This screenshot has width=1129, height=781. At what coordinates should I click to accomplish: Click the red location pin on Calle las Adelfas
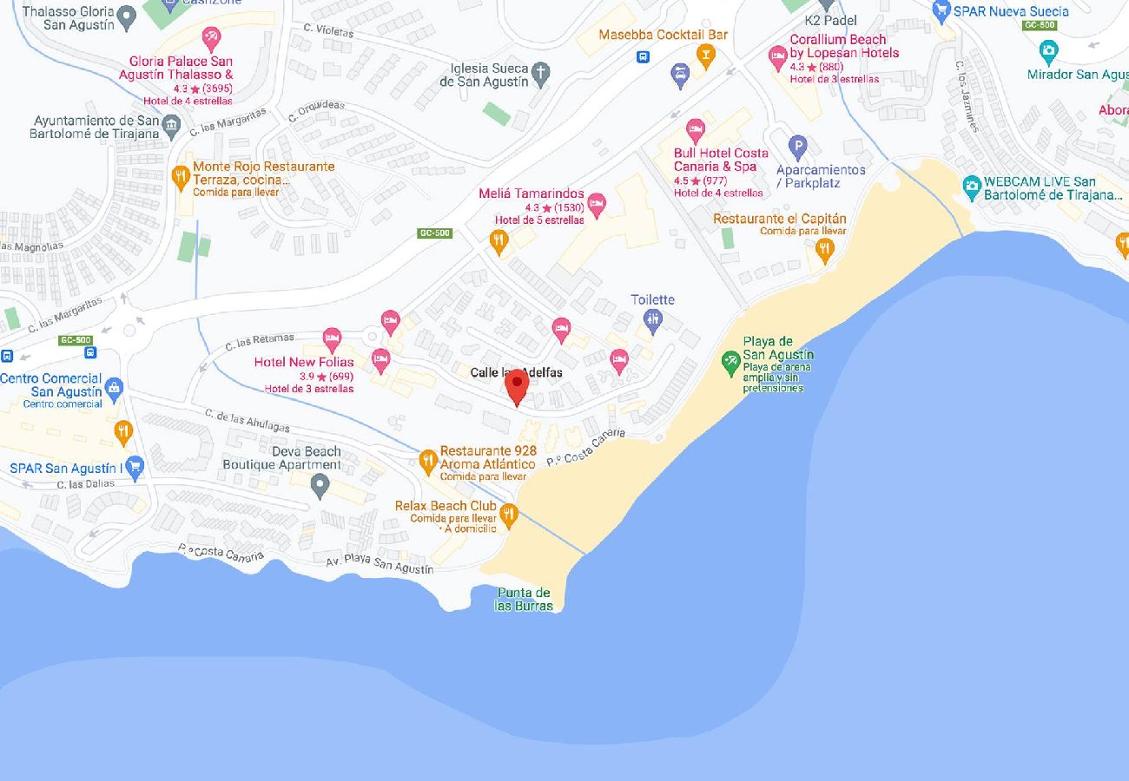point(517,384)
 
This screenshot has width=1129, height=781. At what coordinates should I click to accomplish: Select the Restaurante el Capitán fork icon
point(824,249)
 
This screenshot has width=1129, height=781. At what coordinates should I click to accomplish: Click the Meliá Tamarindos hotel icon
point(596,205)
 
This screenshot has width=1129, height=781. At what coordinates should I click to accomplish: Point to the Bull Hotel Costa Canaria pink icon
point(695,130)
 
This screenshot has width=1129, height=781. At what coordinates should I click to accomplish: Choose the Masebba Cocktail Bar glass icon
point(705,56)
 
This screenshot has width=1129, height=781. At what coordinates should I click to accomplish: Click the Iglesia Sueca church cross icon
point(540,72)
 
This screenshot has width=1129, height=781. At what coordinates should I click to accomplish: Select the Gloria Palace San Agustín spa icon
point(211,38)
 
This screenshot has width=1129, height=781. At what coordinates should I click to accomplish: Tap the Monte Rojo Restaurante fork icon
point(181,177)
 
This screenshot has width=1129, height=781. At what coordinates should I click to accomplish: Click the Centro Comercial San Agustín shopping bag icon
point(114,387)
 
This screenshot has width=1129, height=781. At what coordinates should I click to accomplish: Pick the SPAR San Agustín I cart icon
point(134,468)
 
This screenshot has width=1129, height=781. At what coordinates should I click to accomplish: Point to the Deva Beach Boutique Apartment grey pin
point(320,485)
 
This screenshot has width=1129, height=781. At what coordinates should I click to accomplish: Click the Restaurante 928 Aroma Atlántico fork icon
point(427,461)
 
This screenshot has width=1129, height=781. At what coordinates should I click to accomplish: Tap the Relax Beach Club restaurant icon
point(509,515)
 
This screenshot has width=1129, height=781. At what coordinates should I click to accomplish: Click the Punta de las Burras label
point(523,599)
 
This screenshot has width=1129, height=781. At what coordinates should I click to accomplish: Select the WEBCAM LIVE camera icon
point(972,186)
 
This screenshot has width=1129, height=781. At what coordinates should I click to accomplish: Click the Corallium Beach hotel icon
point(777,57)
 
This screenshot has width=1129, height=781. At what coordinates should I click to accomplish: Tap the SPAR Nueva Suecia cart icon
point(941,11)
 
